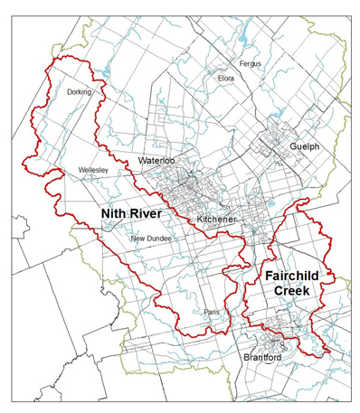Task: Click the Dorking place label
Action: (x=81, y=90)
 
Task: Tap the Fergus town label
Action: (x=251, y=64)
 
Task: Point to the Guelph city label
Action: (x=305, y=145)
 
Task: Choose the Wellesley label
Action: (x=94, y=169)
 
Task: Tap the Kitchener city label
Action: (x=216, y=220)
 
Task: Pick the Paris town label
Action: (x=212, y=312)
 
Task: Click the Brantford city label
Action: (x=262, y=358)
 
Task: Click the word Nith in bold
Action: (x=115, y=214)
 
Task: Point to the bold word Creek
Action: (x=292, y=291)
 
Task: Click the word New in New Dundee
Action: (x=137, y=239)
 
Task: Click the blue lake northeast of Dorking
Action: (x=107, y=70)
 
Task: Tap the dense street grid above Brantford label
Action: (x=270, y=340)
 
